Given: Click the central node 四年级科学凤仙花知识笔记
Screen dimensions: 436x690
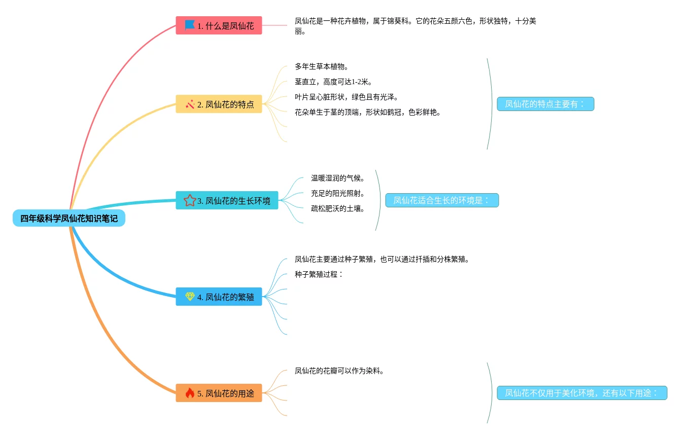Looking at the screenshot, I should [x=69, y=219].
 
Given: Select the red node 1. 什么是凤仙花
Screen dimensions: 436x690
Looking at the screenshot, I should [x=219, y=25].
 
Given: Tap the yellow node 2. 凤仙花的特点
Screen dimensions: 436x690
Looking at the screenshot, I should [x=219, y=104].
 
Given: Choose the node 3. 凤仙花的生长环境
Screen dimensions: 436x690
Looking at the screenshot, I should [x=227, y=200].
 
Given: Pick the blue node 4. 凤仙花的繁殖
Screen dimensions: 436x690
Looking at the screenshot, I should [x=219, y=297].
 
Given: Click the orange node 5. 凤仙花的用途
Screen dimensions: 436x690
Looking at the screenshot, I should [x=219, y=393].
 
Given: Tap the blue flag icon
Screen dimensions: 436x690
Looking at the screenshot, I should [x=190, y=25].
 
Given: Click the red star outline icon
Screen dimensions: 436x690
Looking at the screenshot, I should [x=190, y=200].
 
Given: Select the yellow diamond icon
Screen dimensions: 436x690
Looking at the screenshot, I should [x=190, y=297].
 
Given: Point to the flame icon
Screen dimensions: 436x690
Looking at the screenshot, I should [x=190, y=393].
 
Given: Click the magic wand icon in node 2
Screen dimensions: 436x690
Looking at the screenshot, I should [x=190, y=104].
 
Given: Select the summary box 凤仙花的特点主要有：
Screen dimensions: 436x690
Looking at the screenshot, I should [x=545, y=104].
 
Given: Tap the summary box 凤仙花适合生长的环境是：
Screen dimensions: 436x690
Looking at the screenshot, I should [x=442, y=200].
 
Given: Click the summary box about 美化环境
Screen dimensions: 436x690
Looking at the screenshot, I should [x=582, y=393].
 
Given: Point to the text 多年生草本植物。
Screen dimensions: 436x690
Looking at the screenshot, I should [x=322, y=66].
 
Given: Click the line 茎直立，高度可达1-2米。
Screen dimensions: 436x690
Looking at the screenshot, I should [x=334, y=82].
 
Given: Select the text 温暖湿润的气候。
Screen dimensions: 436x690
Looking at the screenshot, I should [x=338, y=178].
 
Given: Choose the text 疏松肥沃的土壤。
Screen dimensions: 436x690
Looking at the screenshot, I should [x=338, y=208].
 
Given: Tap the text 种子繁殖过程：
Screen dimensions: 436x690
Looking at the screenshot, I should [x=319, y=274].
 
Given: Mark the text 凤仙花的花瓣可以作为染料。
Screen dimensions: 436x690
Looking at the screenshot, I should [x=339, y=371].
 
